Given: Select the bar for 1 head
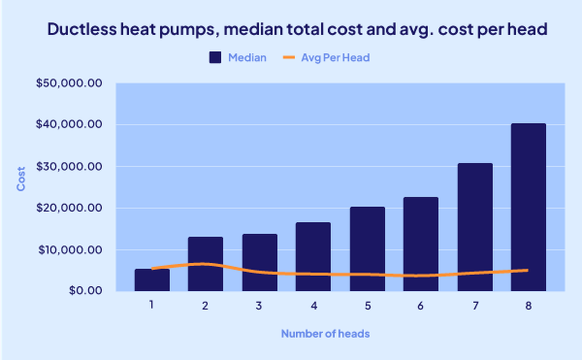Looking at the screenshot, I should (152, 282).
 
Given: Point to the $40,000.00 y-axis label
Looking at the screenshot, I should (69, 124).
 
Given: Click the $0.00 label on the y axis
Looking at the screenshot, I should (86, 290).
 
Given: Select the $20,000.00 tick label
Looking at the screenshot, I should (69, 208).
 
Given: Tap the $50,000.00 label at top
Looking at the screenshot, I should (69, 83).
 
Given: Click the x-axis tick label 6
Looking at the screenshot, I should (420, 306).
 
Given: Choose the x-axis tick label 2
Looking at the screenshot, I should (205, 306).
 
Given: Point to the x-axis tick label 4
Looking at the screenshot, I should (314, 306).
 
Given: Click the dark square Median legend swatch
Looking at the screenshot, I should (215, 57).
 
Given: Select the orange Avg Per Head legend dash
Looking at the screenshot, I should (289, 57).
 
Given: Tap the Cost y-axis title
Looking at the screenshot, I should (21, 179).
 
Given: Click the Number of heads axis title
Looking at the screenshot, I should (325, 334).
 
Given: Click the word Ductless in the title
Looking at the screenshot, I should (82, 29).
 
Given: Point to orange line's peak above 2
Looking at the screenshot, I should (203, 264).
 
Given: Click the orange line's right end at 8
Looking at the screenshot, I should (527, 270).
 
